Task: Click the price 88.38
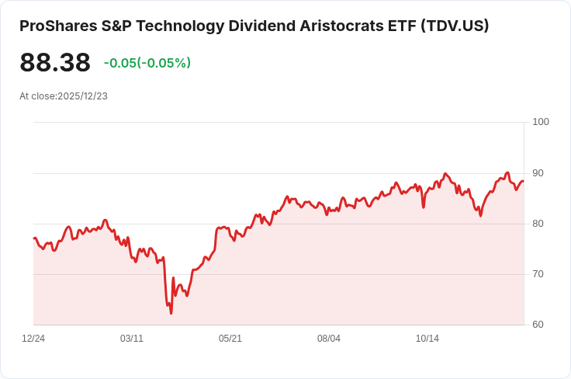[x=55, y=63]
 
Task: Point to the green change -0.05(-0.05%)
[x=147, y=63]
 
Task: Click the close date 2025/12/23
[x=82, y=96]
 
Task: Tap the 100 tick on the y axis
[x=541, y=122]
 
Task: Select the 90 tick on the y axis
[x=538, y=172]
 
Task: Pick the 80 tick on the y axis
[x=538, y=224]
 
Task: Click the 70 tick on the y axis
[x=538, y=274]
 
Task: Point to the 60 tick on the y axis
[x=538, y=325]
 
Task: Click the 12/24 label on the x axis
[x=33, y=339]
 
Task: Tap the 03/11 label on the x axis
[x=132, y=339]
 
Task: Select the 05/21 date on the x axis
[x=230, y=339]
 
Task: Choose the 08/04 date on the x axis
[x=329, y=339]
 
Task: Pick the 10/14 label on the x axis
[x=427, y=339]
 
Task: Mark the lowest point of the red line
[x=171, y=313]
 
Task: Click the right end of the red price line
[x=523, y=181]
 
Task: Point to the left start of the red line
[x=34, y=238]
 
